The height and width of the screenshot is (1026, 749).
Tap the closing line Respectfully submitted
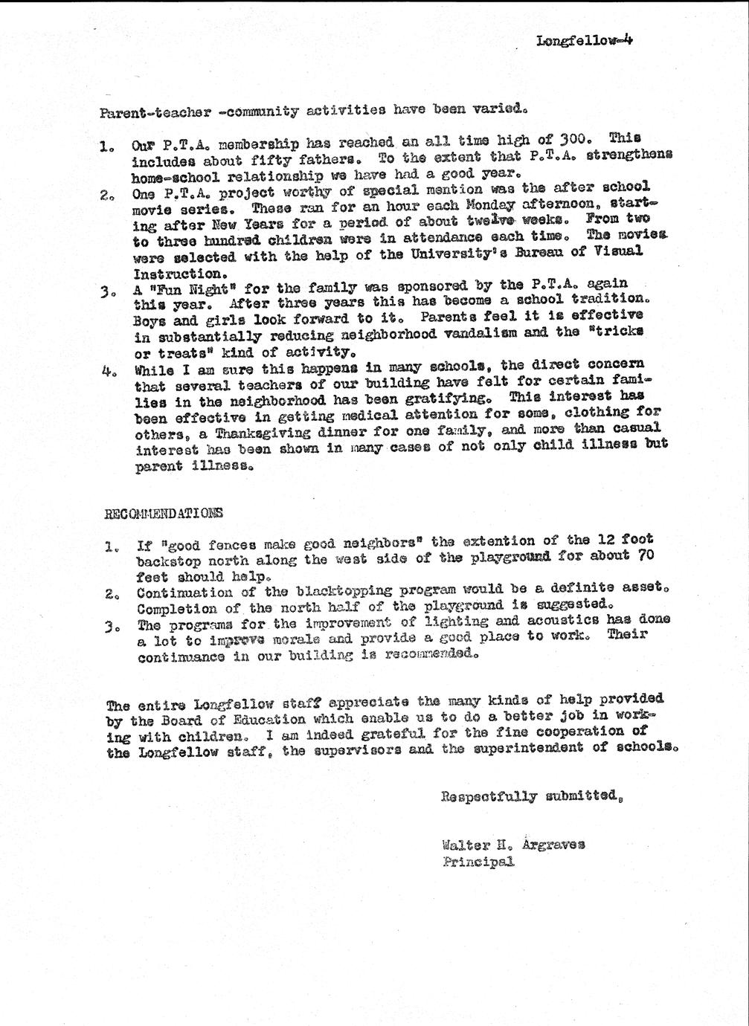(x=531, y=796)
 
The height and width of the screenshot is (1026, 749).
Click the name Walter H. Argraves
(x=512, y=845)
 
